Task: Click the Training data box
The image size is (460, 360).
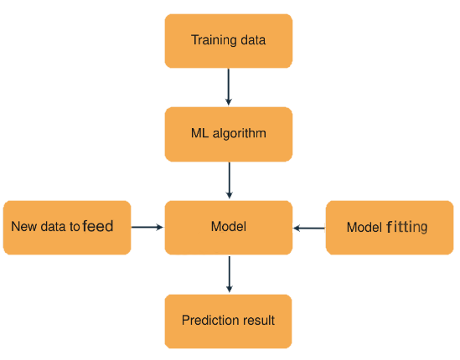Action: (x=229, y=41)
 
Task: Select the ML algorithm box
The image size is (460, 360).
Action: (x=229, y=134)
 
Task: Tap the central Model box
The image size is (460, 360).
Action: (x=229, y=228)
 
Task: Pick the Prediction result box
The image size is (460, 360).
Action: (x=228, y=321)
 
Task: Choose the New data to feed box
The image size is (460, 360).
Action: (x=67, y=228)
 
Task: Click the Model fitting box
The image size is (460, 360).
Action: (x=390, y=228)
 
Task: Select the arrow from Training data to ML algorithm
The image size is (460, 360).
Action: (x=229, y=87)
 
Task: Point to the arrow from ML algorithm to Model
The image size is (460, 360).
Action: (x=229, y=181)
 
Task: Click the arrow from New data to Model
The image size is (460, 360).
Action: (x=147, y=227)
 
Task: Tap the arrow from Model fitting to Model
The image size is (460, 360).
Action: (x=309, y=228)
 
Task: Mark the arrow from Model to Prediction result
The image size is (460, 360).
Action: (x=230, y=275)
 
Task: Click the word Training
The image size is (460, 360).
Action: (x=214, y=40)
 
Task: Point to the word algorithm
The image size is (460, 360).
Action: (x=240, y=133)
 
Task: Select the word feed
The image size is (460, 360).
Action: (x=98, y=226)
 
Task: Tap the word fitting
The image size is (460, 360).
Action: (x=407, y=227)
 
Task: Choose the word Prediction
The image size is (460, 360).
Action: (x=209, y=320)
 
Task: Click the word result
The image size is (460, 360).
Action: (x=256, y=320)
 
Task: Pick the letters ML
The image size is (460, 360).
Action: (x=200, y=133)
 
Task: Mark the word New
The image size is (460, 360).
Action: (x=24, y=227)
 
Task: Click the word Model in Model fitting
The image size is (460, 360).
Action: (x=364, y=228)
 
